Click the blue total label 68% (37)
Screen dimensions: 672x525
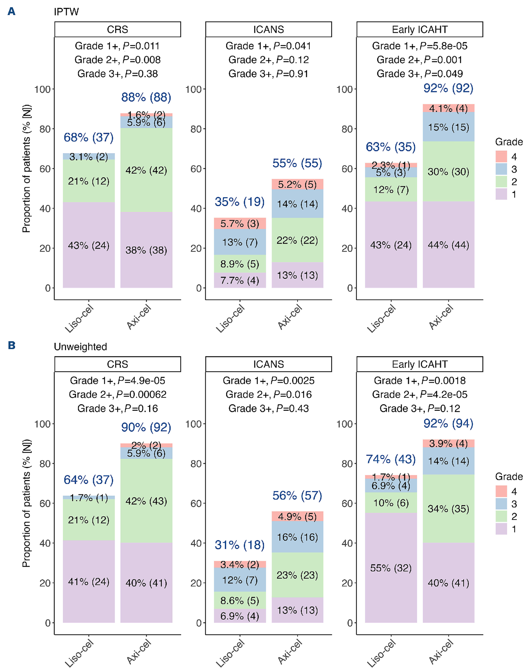[89, 137]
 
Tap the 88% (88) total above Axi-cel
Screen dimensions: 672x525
[146, 97]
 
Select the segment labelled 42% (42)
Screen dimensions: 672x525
[146, 170]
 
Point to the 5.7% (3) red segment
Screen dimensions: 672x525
[240, 223]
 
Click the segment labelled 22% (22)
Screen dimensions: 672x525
[297, 240]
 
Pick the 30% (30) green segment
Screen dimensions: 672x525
[448, 171]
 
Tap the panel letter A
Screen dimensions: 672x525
[11, 11]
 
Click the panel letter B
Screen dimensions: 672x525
[11, 345]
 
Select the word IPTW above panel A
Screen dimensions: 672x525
[66, 12]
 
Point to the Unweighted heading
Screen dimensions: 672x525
[81, 347]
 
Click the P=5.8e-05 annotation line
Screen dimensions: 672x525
[419, 46]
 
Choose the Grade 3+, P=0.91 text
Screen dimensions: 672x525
[268, 74]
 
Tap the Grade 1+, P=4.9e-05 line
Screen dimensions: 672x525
[118, 381]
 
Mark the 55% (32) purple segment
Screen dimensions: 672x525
[391, 568]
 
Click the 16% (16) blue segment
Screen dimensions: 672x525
[297, 537]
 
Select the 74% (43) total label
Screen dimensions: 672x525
[391, 459]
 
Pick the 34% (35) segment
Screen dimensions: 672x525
[448, 509]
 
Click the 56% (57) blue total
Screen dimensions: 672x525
[297, 495]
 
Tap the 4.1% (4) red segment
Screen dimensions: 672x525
[448, 108]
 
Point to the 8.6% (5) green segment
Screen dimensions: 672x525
[240, 600]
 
